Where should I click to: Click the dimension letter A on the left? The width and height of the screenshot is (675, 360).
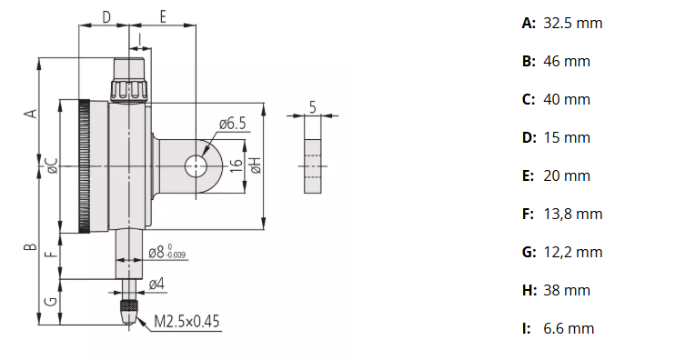[31, 113]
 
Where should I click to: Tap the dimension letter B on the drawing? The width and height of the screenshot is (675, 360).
[30, 247]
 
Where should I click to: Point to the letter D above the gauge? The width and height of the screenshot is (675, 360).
[106, 17]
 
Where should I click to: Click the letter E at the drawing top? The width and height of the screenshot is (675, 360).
[163, 17]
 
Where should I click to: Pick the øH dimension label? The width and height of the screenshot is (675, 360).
[257, 165]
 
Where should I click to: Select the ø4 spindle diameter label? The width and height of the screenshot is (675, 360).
[156, 285]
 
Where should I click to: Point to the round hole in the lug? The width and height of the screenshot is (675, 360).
[196, 165]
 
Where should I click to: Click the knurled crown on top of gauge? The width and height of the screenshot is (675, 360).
[128, 81]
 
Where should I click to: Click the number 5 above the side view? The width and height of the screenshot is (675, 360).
[312, 106]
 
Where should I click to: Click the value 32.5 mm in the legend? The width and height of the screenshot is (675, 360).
[572, 23]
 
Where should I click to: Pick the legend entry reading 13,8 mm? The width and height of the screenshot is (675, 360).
[572, 214]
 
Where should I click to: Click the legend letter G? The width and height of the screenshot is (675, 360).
[529, 252]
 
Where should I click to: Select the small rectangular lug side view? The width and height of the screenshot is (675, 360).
[312, 165]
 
